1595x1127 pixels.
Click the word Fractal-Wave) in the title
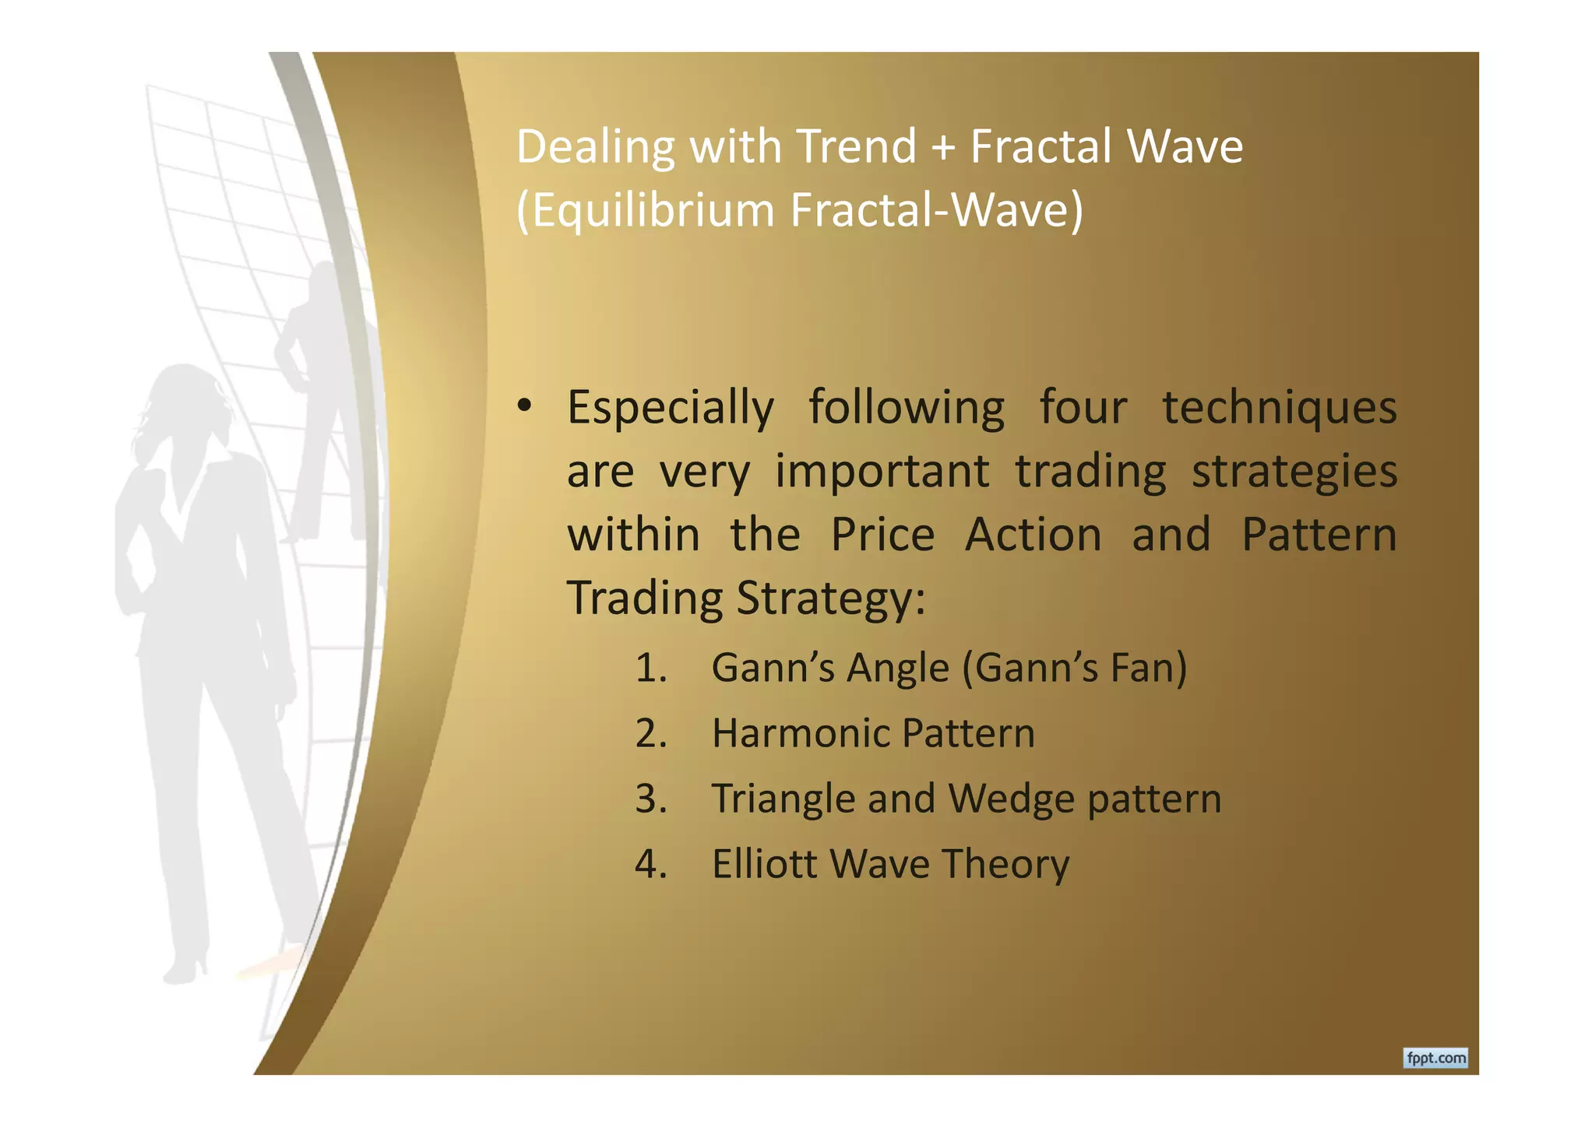[x=936, y=210]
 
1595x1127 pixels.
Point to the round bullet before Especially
[x=525, y=406]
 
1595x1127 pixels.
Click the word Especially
[x=671, y=408]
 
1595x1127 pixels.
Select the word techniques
[x=1280, y=408]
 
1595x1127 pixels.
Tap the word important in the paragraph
[x=882, y=472]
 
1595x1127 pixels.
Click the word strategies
[x=1294, y=472]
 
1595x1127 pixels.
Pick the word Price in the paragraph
[x=882, y=535]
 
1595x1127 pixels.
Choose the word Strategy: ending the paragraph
[x=831, y=599]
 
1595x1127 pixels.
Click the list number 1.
[x=650, y=668]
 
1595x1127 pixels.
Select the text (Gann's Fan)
[x=1074, y=668]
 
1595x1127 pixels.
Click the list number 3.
[x=650, y=799]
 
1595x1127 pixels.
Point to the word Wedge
[x=1011, y=799]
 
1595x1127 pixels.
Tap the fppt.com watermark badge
[x=1435, y=1058]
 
